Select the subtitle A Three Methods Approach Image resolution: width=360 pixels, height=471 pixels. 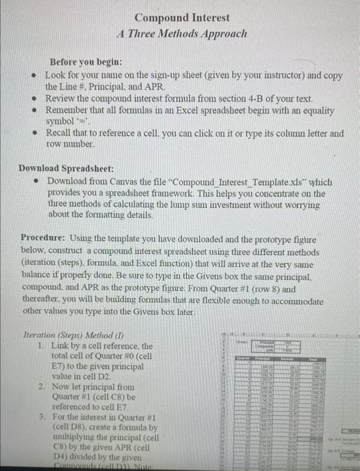(182, 32)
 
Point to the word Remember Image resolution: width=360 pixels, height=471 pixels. (69, 110)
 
